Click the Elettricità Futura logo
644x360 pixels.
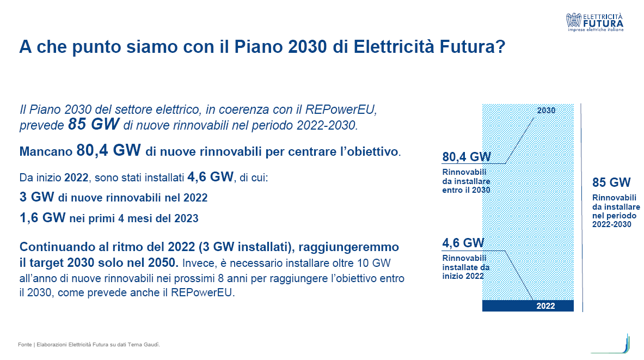594,22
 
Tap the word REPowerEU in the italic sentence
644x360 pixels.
340,109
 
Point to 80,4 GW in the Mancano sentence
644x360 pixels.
108,150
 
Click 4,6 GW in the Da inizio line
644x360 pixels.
210,176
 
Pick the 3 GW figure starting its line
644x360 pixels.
37,197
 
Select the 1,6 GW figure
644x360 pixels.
42,217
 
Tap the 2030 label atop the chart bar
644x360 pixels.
546,110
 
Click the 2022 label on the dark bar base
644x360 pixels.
545,306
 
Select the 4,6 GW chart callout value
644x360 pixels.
463,243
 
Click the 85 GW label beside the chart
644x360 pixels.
611,182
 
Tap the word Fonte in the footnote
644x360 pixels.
24,344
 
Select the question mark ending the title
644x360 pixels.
501,46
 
